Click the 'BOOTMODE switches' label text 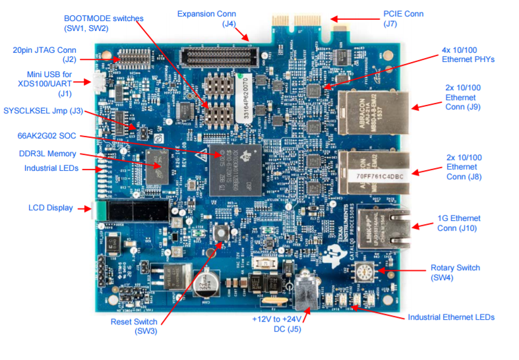pyautogui.click(x=103, y=18)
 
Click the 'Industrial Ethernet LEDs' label pyautogui.click(x=450, y=317)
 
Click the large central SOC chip pyautogui.click(x=234, y=169)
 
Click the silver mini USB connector pyautogui.click(x=99, y=82)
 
